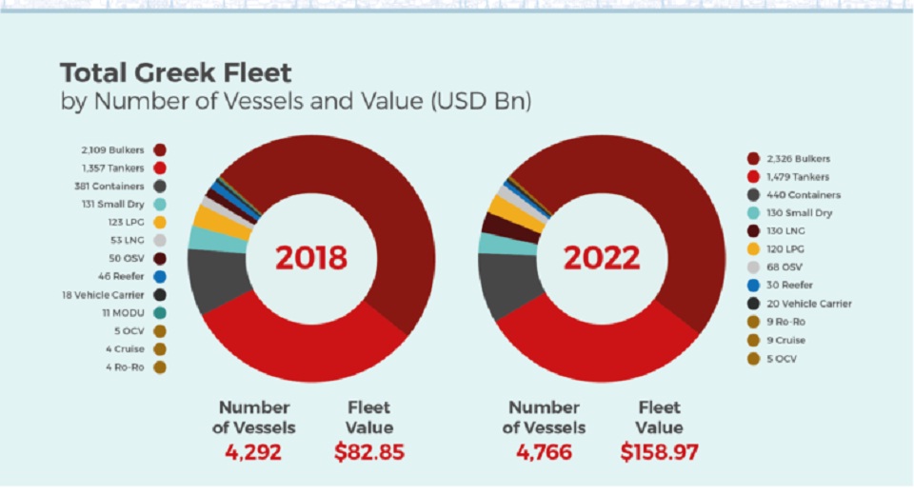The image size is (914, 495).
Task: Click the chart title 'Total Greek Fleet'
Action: point(176,73)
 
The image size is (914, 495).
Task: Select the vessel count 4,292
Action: point(253,452)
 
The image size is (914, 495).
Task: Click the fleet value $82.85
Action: point(369,452)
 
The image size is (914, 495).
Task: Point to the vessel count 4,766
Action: point(544,452)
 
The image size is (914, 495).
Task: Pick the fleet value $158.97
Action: point(659,452)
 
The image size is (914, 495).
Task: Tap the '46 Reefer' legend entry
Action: point(122,276)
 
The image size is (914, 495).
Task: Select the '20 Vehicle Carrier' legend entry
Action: point(809,304)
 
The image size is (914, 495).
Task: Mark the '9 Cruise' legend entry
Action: point(787,340)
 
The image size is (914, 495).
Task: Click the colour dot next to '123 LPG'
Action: point(159,222)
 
